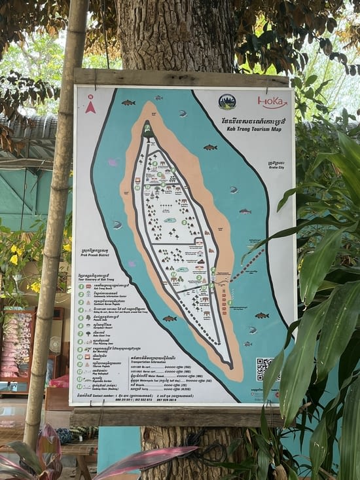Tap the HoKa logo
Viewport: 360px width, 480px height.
[x=272, y=102]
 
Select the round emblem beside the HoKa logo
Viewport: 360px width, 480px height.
[x=227, y=102]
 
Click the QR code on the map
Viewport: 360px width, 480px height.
[x=264, y=368]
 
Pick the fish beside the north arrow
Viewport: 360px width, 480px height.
[x=128, y=103]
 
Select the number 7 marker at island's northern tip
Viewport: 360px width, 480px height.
[x=148, y=127]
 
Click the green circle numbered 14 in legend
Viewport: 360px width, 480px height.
[x=80, y=386]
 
